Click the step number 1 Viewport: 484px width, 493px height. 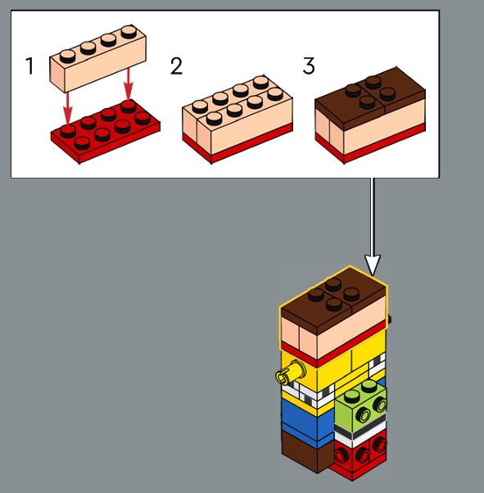(29, 66)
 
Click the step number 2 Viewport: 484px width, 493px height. (176, 66)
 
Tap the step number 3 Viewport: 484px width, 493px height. (309, 66)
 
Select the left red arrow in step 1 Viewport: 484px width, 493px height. (68, 107)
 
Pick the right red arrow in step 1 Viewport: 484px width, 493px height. (128, 84)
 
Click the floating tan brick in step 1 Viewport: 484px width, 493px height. (97, 58)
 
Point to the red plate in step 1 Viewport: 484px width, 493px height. (106, 131)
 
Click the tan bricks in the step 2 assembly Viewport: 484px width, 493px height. (237, 114)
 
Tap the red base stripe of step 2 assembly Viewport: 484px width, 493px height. (237, 144)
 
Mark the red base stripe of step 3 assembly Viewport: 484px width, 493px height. (370, 144)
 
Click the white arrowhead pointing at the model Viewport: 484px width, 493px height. (373, 265)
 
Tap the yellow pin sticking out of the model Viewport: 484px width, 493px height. (291, 373)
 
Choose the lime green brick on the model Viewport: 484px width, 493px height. (360, 406)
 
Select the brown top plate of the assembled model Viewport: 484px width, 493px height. (333, 301)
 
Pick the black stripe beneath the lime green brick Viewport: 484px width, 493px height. (360, 427)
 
